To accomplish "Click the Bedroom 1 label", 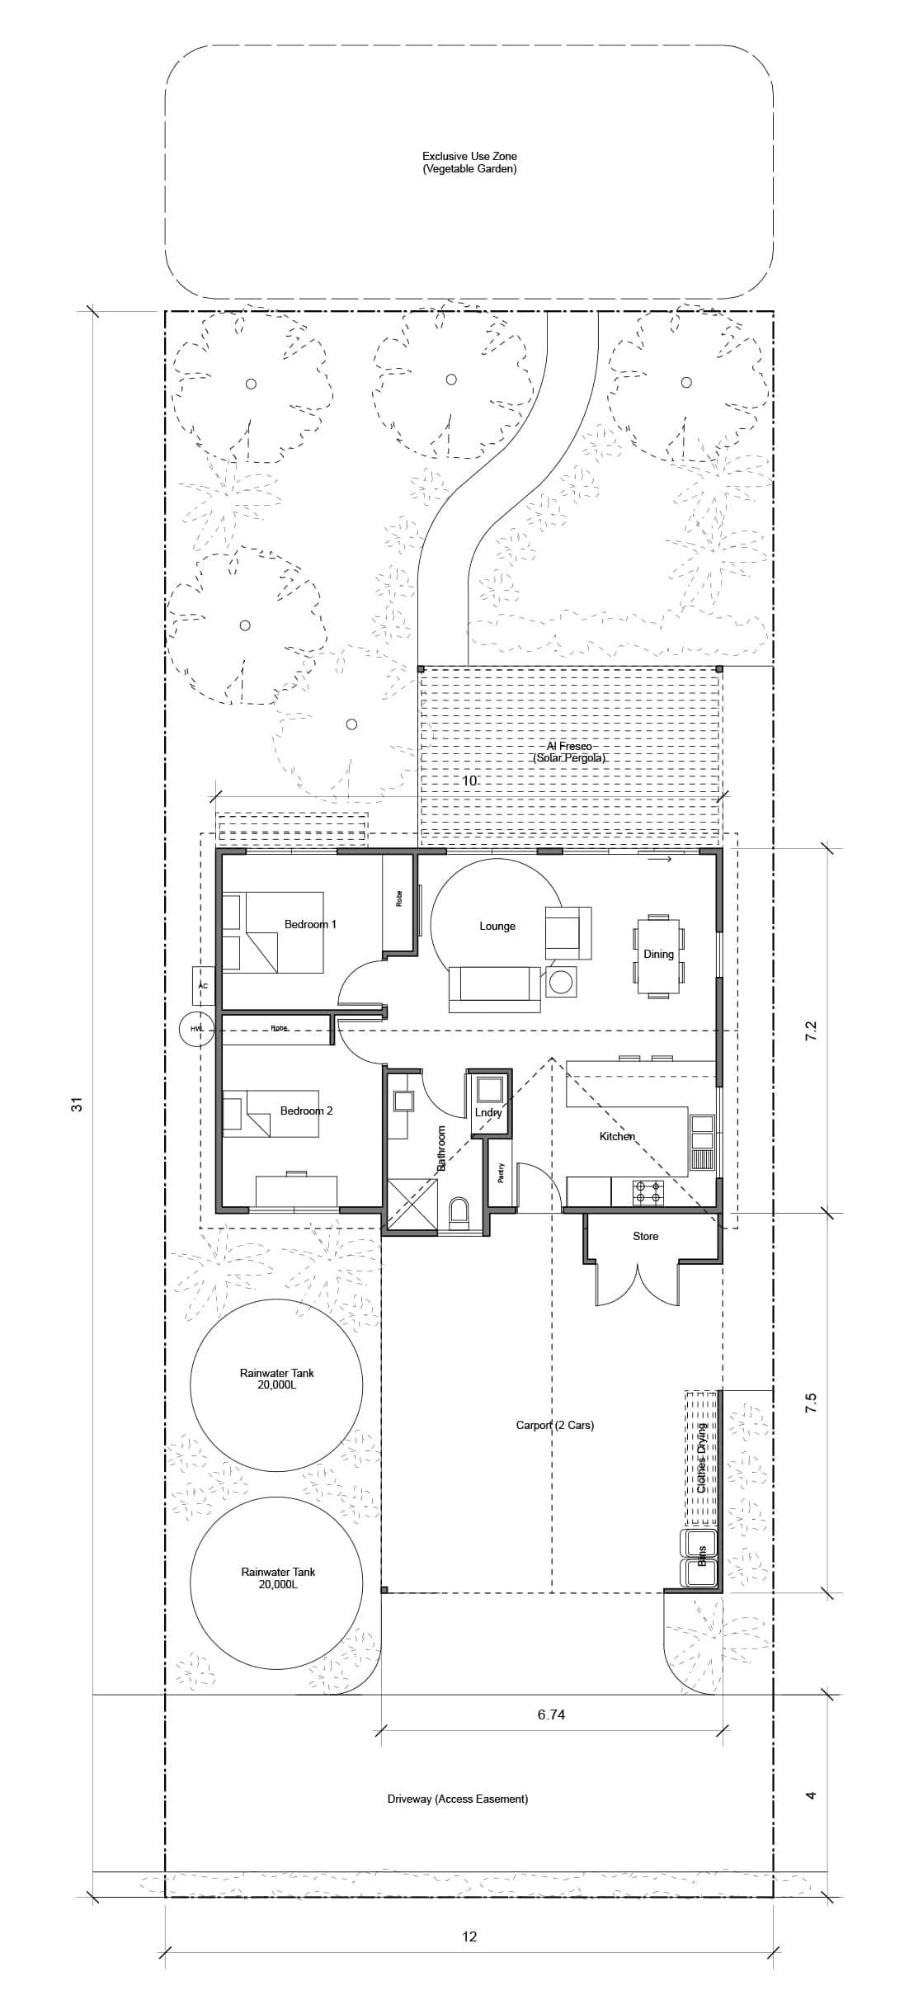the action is (310, 924).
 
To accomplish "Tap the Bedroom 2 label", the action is (306, 1111).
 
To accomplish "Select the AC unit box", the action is (203, 985).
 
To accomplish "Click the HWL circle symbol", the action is (196, 1029).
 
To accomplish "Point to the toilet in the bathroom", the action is (459, 1212).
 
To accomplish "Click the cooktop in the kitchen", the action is (648, 1192).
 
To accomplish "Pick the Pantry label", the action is (501, 1173).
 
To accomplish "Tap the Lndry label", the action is (488, 1112).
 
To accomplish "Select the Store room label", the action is (646, 1236).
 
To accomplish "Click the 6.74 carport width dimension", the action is (551, 1714).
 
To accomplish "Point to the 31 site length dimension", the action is (77, 1104).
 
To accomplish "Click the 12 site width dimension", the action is (469, 1936).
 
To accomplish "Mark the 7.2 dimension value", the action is (810, 1031).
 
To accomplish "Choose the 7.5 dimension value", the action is (810, 1403).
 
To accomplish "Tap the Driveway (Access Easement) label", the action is (458, 1799).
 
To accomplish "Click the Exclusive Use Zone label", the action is (469, 156).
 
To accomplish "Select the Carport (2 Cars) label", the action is (555, 1425).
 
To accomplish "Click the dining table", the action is (658, 955).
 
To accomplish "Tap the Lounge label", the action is (497, 927).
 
